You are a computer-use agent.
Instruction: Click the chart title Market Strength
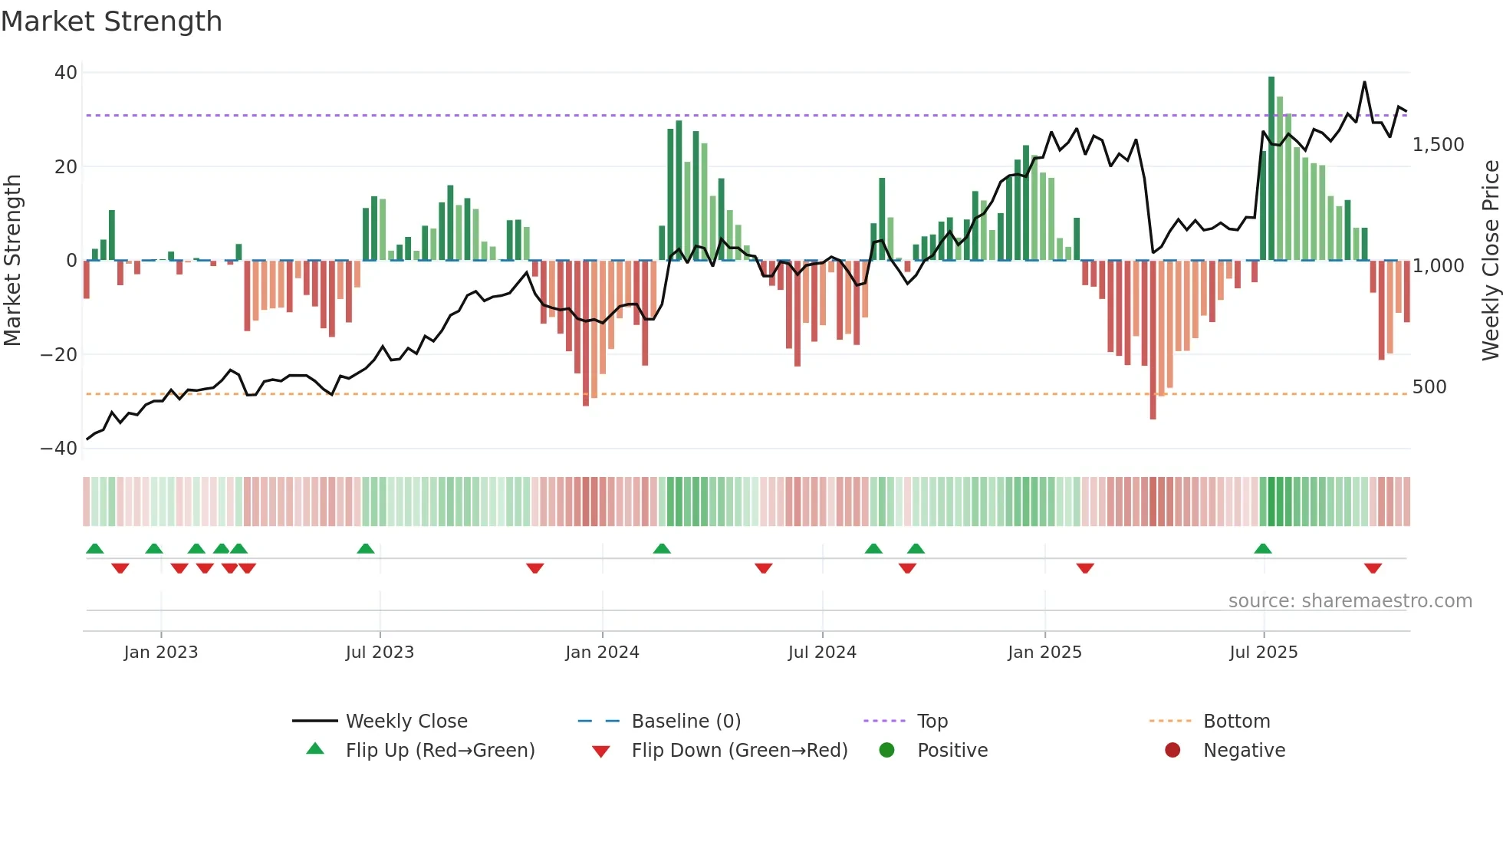point(111,21)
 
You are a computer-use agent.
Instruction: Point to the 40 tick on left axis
point(66,73)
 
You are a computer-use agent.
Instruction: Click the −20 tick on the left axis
point(59,355)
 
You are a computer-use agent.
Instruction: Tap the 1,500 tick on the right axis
point(1438,145)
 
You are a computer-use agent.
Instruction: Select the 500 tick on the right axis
point(1429,387)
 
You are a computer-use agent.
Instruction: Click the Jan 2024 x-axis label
point(602,653)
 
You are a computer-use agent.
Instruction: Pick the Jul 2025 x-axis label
point(1263,653)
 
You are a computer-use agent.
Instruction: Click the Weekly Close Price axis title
point(1490,261)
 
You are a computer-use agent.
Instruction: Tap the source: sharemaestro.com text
point(1350,601)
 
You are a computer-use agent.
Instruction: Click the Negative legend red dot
point(1172,751)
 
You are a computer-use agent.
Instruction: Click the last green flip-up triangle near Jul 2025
point(1263,548)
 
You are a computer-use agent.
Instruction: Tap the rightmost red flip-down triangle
point(1373,568)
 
